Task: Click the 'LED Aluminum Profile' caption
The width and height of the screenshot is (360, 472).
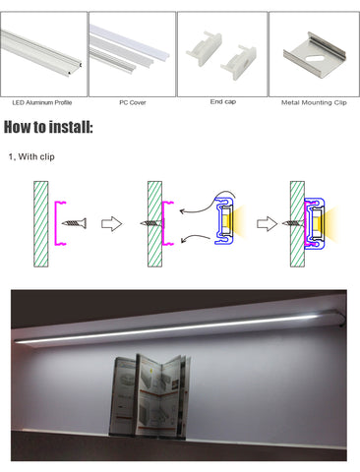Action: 42,102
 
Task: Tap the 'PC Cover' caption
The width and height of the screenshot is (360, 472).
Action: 133,102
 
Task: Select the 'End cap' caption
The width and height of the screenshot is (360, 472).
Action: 223,101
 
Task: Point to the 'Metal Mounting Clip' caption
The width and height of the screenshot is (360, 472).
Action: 314,102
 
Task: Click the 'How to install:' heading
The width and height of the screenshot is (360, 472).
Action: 48,127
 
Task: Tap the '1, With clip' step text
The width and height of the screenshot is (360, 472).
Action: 31,156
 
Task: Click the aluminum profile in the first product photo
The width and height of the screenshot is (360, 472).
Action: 41,52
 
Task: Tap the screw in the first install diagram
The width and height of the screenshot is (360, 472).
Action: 74,223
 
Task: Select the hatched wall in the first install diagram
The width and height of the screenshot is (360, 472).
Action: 41,224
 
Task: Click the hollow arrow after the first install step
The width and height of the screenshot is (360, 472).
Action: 111,224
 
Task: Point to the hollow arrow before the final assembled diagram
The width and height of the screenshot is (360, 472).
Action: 267,224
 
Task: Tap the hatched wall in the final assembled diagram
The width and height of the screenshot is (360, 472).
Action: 297,224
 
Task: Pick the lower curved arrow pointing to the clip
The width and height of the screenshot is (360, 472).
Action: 196,237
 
